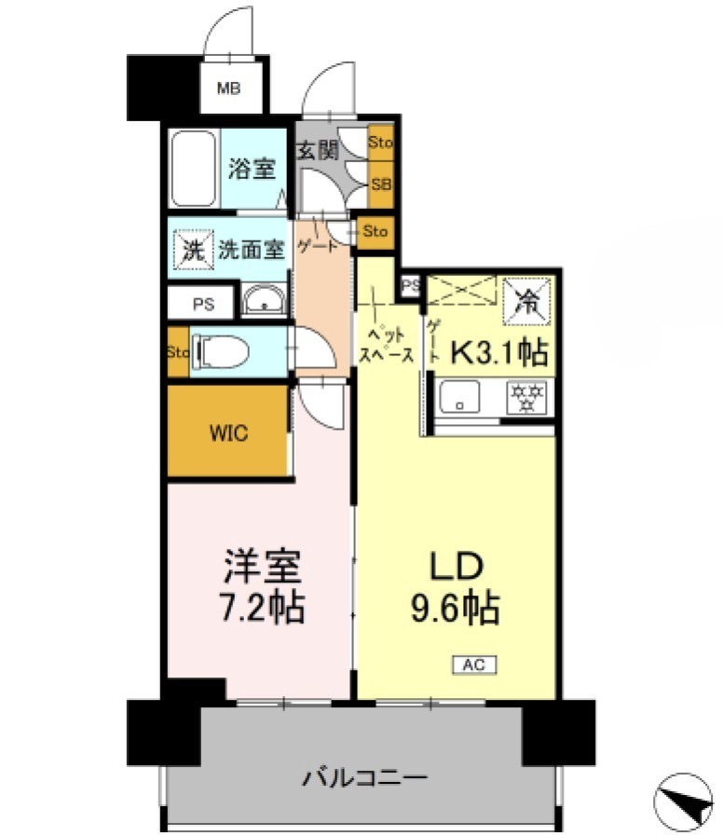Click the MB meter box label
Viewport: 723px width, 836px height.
pyautogui.click(x=228, y=89)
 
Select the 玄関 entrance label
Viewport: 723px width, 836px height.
pyautogui.click(x=318, y=150)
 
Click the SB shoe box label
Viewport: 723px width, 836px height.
pyautogui.click(x=380, y=184)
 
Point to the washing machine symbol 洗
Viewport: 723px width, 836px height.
pyautogui.click(x=192, y=250)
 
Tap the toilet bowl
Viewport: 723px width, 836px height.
pyautogui.click(x=222, y=352)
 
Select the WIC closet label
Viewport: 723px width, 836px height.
pyautogui.click(x=228, y=433)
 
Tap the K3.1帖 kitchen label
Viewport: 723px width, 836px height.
pyautogui.click(x=499, y=352)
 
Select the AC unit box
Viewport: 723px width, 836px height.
pyautogui.click(x=475, y=665)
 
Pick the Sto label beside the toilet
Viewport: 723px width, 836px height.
pyautogui.click(x=177, y=352)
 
